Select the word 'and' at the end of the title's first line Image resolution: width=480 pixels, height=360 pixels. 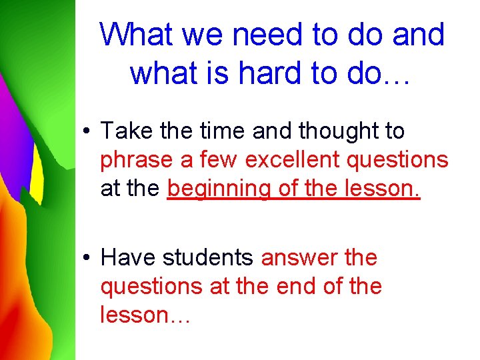click(418, 34)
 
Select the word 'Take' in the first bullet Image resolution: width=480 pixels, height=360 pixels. click(127, 131)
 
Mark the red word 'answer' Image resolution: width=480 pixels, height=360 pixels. click(299, 258)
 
